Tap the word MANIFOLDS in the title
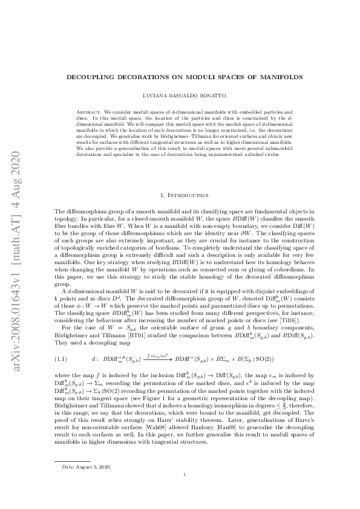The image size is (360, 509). click(276, 77)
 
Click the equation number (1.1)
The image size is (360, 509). click(62, 358)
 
